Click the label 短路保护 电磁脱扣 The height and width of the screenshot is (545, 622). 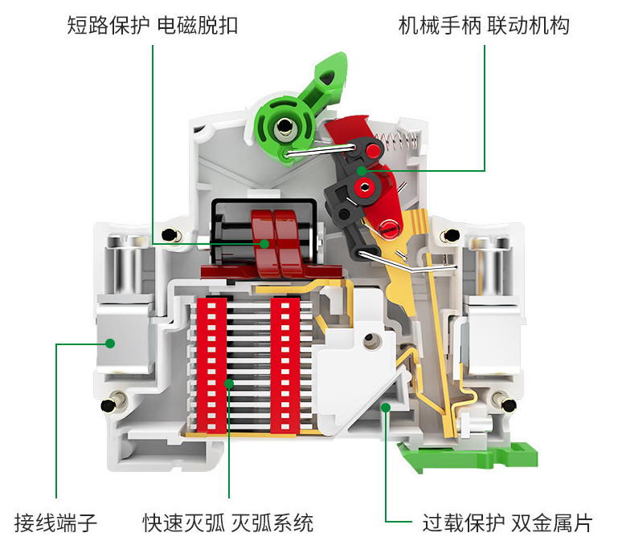coord(153,26)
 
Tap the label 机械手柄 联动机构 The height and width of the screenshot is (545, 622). coord(484,26)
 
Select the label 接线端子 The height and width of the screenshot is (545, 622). coord(56,523)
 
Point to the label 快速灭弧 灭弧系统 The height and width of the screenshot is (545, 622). coord(228,523)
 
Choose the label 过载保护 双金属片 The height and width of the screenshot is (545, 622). coord(507,523)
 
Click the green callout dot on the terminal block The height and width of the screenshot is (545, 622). coord(110,343)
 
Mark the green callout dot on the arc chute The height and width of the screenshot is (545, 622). coord(229,384)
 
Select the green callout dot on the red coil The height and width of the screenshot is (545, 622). coord(264,243)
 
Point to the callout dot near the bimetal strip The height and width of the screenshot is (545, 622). coord(386,408)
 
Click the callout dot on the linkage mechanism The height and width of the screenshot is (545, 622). coord(362,170)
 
